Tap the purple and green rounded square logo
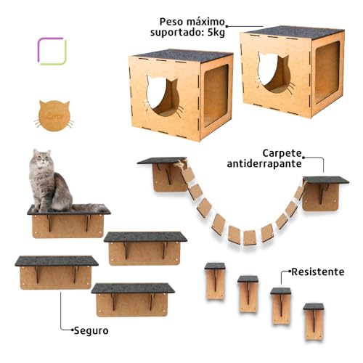pyautogui.click(x=52, y=51)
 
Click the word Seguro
pyautogui.click(x=90, y=330)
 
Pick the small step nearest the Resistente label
pyautogui.click(x=280, y=301)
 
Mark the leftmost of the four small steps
pyautogui.click(x=215, y=279)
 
